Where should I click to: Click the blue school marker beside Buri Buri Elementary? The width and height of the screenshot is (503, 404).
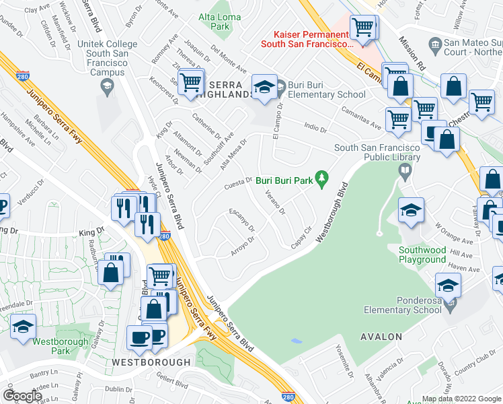coord(264,88)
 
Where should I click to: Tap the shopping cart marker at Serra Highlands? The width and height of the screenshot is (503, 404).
coord(192,82)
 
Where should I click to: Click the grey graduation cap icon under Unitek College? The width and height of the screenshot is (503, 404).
coord(106,85)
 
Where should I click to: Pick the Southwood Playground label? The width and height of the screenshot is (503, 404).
coord(422,255)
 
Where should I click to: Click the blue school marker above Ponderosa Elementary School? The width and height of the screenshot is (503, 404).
coord(449,286)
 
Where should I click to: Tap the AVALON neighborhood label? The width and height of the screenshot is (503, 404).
coord(381,336)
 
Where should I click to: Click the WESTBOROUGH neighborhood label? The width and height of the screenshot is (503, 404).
coord(151,362)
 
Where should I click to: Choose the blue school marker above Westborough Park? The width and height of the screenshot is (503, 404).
coord(24,327)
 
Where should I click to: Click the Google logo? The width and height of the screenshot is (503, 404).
coord(22,396)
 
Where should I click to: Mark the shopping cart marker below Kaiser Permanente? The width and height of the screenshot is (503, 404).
coord(363,29)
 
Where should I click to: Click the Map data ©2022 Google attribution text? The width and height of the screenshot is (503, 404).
coord(461,399)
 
